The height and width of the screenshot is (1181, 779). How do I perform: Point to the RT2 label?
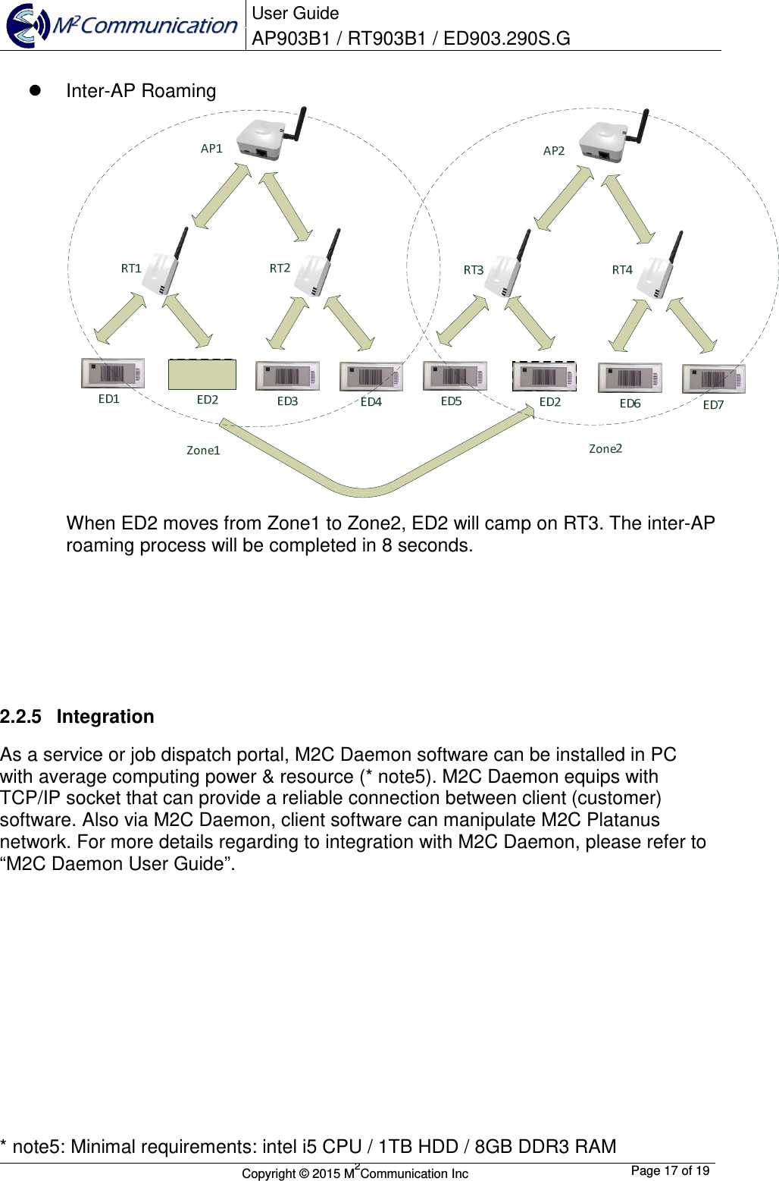[x=280, y=269]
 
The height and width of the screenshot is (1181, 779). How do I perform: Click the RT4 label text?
[x=621, y=270]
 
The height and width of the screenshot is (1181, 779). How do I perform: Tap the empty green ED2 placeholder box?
[x=202, y=375]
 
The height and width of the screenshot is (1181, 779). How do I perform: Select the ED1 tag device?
[x=113, y=373]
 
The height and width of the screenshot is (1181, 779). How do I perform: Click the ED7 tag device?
[x=713, y=378]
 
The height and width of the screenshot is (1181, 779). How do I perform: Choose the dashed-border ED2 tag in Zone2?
[x=544, y=376]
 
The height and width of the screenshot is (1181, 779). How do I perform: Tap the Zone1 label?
[x=203, y=451]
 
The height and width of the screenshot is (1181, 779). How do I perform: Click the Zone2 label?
[x=605, y=449]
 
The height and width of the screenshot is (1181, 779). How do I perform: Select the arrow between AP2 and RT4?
[x=629, y=209]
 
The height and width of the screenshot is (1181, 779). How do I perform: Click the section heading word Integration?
[x=105, y=717]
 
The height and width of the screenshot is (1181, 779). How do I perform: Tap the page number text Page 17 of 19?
[x=670, y=1170]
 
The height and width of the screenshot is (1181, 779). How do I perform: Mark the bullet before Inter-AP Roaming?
[x=34, y=90]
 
